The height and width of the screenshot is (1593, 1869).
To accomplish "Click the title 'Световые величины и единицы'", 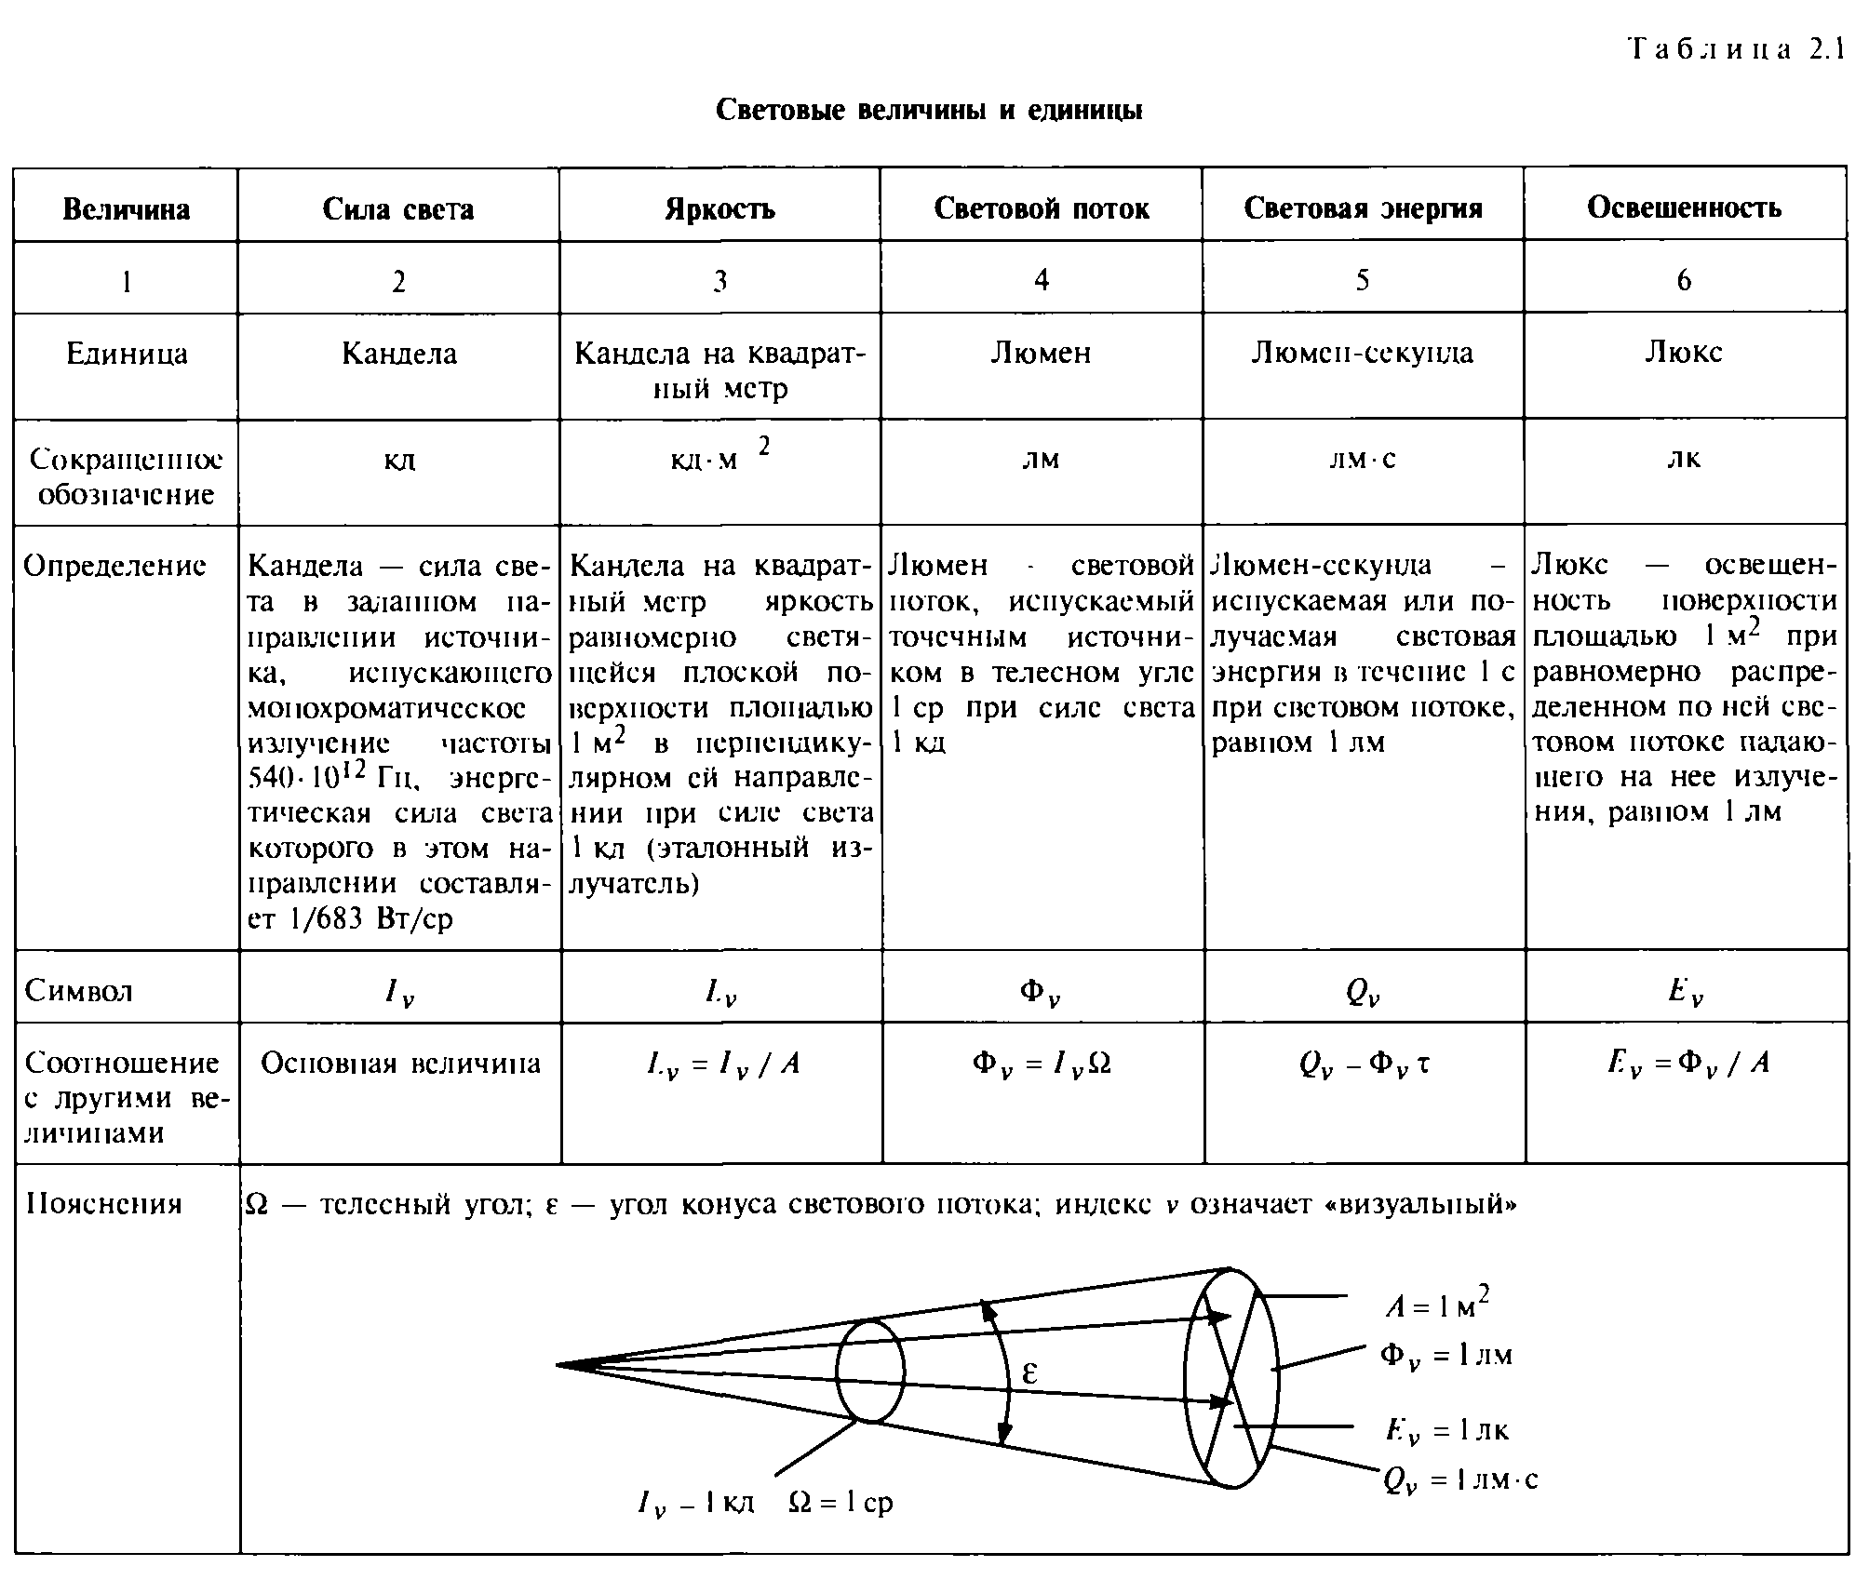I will [x=929, y=111].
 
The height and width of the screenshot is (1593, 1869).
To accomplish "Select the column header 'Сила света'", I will [x=398, y=208].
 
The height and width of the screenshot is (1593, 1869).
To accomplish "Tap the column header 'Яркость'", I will [x=719, y=208].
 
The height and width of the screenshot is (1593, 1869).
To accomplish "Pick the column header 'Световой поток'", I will [x=1041, y=208].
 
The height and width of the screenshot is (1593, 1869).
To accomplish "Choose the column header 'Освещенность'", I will [x=1684, y=207].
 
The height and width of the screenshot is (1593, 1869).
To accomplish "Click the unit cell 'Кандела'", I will [x=399, y=354].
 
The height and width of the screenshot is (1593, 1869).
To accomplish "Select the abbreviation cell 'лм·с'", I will [x=1363, y=459].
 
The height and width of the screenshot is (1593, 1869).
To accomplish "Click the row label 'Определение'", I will [x=114, y=566].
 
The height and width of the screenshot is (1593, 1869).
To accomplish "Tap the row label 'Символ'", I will [x=79, y=990].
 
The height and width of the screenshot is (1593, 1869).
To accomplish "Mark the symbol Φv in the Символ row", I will [x=1041, y=993].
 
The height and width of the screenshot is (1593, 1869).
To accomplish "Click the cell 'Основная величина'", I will [x=400, y=1063].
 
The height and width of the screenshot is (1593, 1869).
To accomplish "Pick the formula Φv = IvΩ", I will [x=1041, y=1064].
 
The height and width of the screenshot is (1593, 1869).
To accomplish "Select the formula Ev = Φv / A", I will [x=1686, y=1063].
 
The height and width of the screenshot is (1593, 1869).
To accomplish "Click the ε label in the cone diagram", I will [x=1029, y=1373].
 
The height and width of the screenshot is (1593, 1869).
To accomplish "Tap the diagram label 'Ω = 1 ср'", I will [x=840, y=1502].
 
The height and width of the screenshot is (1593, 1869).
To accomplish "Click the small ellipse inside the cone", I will [x=869, y=1372].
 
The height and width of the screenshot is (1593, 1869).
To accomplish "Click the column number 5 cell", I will [x=1363, y=280].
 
